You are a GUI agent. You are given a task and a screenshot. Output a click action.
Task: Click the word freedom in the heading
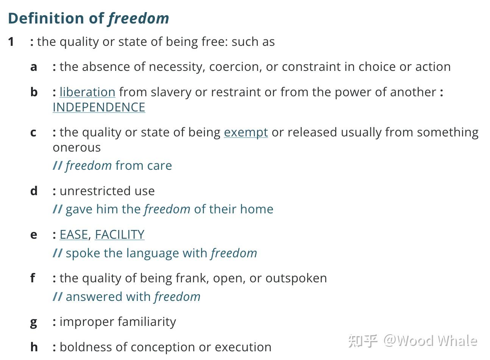pyautogui.click(x=139, y=18)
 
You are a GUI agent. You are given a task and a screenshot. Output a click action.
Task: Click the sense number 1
pyautogui.click(x=11, y=42)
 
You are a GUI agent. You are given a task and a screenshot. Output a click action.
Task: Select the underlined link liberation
pyautogui.click(x=87, y=92)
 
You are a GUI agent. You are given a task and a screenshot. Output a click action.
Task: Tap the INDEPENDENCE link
pyautogui.click(x=99, y=107)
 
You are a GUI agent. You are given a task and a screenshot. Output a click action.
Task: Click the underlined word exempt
pyautogui.click(x=246, y=132)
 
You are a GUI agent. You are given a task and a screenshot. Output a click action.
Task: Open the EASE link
pyautogui.click(x=73, y=235)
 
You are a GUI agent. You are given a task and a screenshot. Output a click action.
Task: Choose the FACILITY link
pyautogui.click(x=119, y=235)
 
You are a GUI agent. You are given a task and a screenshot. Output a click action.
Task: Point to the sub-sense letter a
pyautogui.click(x=34, y=67)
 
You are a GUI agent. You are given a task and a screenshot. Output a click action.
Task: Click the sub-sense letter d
pyautogui.click(x=34, y=191)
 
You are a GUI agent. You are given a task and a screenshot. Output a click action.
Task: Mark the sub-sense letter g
pyautogui.click(x=34, y=322)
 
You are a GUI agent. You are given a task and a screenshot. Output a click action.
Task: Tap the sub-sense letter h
pyautogui.click(x=34, y=347)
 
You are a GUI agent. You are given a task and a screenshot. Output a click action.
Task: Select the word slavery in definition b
pyautogui.click(x=169, y=92)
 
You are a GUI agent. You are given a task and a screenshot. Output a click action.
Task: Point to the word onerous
pyautogui.click(x=76, y=147)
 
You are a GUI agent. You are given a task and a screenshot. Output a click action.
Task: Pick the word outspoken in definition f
pyautogui.click(x=296, y=278)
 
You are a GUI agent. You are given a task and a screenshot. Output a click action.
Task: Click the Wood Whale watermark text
pyautogui.click(x=430, y=341)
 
